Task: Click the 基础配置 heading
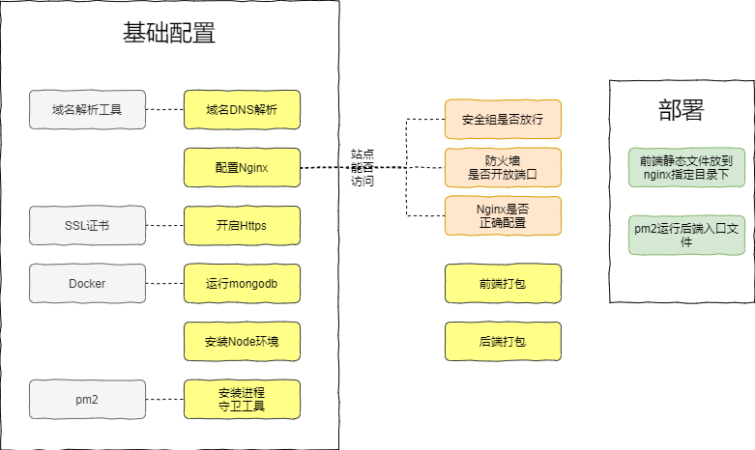point(169,34)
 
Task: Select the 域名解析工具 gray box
point(87,109)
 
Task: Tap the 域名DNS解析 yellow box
point(242,109)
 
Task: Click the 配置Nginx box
point(242,167)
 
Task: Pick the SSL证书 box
point(87,225)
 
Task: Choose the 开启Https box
point(242,225)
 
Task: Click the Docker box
point(87,283)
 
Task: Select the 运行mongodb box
point(242,283)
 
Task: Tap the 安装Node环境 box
point(242,341)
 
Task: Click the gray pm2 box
point(87,399)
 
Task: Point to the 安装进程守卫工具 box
point(242,399)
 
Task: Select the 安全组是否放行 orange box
point(503,119)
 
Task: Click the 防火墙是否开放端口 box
point(503,167)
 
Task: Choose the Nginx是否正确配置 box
point(503,214)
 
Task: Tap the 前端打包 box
point(503,283)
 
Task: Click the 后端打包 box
point(503,341)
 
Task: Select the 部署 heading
point(681,109)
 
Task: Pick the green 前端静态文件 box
point(686,167)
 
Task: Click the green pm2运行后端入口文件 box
point(686,235)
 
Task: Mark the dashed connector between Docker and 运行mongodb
point(164,283)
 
